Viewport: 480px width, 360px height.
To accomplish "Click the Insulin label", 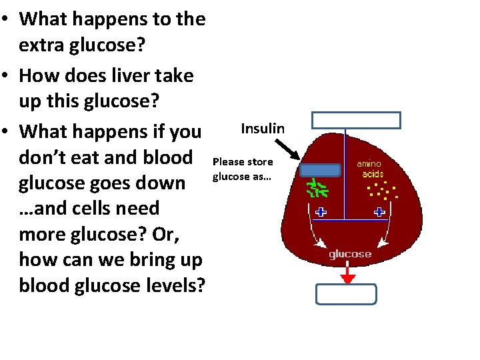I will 263,129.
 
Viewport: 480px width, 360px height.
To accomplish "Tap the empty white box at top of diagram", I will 357,120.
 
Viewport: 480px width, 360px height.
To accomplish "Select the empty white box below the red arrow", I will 347,294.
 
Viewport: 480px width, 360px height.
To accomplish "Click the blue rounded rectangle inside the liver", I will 320,169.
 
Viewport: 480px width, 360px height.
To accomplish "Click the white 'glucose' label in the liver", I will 350,255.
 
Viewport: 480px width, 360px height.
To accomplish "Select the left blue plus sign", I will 321,213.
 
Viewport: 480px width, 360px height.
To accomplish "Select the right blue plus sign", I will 379,213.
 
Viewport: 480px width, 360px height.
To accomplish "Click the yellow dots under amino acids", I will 383,191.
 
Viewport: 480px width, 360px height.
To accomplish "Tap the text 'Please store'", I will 243,162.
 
